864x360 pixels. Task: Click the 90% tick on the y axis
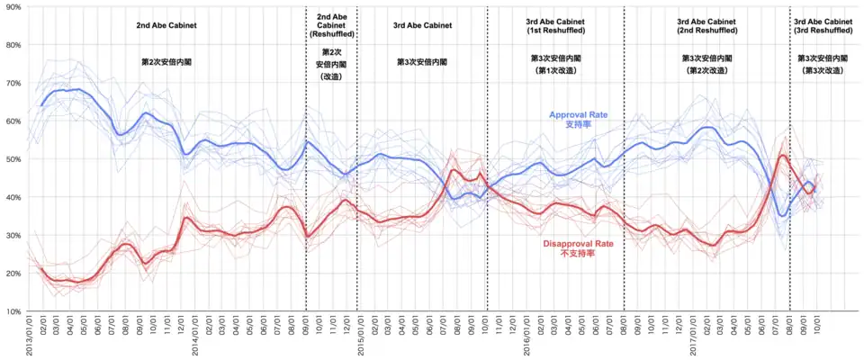click(13, 6)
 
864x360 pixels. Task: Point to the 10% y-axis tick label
click(13, 311)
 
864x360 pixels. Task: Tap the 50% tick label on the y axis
click(13, 158)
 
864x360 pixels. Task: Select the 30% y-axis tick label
click(13, 235)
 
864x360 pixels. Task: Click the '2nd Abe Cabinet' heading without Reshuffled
click(166, 25)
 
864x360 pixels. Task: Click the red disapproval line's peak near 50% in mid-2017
click(783, 156)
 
